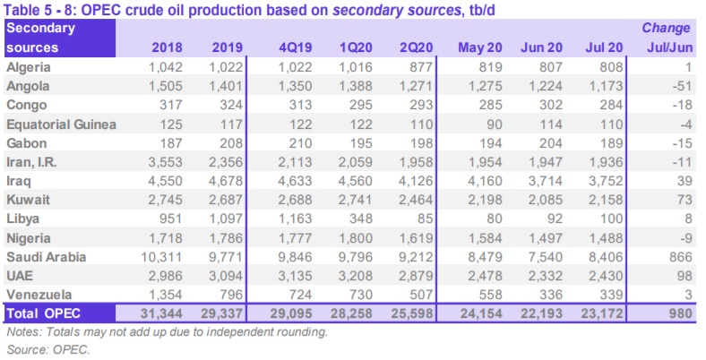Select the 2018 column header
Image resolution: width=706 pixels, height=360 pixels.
coord(169,47)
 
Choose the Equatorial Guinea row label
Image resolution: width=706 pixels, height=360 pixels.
coord(61,124)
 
